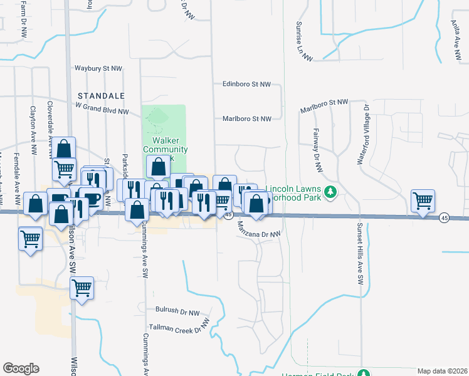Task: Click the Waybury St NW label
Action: point(98,68)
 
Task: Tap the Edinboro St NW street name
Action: point(246,84)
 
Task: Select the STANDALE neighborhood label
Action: point(101,95)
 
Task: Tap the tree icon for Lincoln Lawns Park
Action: point(331,191)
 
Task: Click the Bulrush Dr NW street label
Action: point(177,311)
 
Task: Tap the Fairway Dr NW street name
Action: point(318,149)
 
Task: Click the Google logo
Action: point(21,368)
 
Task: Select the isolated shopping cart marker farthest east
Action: point(423,201)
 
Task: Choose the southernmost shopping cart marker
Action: point(82,288)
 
